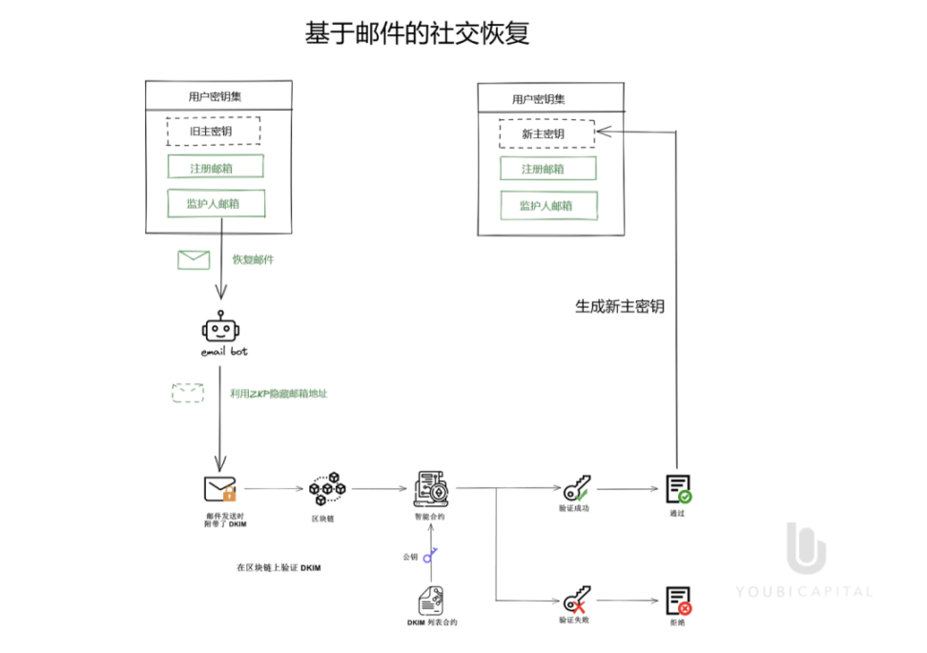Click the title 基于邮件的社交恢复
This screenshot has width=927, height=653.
[x=417, y=34]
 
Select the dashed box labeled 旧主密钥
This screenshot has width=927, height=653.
[x=213, y=131]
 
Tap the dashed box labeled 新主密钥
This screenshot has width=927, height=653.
[x=546, y=133]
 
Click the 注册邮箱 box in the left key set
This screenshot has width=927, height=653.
[x=215, y=167]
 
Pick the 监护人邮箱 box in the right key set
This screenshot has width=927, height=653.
[x=548, y=205]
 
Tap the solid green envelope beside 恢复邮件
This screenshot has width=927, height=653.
[x=194, y=259]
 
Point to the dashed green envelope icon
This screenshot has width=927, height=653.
[x=188, y=392]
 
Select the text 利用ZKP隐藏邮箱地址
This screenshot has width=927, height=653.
[x=278, y=393]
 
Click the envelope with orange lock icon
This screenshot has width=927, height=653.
[x=220, y=489]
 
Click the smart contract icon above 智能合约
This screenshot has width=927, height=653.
[x=429, y=488]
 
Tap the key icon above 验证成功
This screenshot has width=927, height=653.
[x=575, y=489]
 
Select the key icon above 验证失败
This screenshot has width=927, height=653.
[x=575, y=601]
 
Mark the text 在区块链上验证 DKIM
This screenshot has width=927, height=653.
[x=279, y=567]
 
